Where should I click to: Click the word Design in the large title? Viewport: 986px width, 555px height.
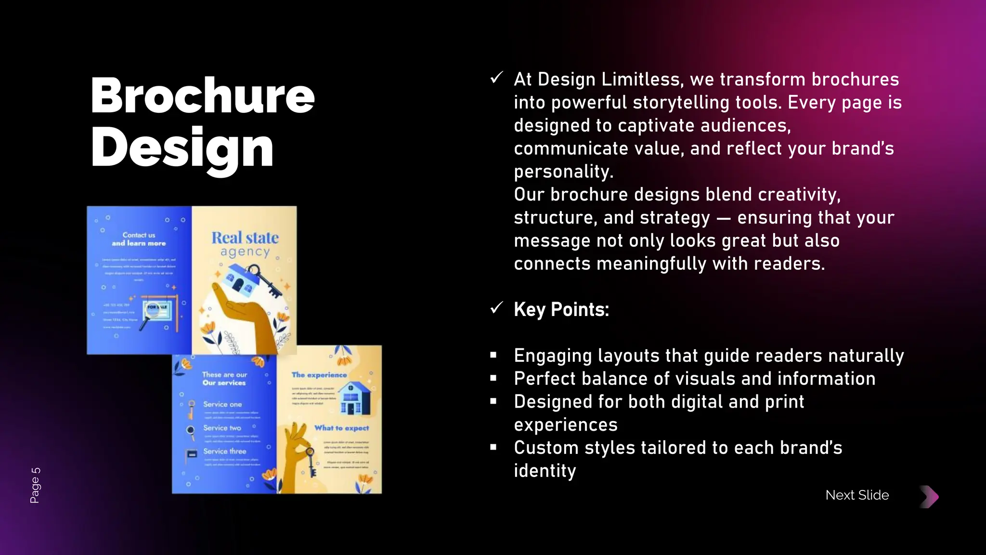pos(182,148)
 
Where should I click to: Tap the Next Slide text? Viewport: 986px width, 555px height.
pos(857,495)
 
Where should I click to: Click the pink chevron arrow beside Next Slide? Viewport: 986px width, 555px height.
pos(930,497)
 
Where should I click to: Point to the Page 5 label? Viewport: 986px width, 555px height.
pos(35,485)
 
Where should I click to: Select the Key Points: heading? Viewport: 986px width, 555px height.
pos(561,310)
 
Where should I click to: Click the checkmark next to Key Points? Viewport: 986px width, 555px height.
pos(496,308)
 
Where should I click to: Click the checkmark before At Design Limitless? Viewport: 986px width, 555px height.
pos(496,78)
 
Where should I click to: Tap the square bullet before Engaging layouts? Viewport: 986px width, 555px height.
pos(493,356)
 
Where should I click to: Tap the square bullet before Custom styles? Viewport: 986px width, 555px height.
pos(493,448)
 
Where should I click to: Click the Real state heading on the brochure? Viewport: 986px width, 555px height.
pos(245,238)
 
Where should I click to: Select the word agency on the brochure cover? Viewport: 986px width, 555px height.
pos(245,252)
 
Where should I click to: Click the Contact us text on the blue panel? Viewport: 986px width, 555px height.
pos(139,235)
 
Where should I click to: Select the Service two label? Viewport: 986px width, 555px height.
pos(222,428)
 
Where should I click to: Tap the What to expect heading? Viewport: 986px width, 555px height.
pos(341,428)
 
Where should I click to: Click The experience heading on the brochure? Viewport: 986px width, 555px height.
pos(319,375)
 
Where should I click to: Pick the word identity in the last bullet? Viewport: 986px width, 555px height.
pos(545,471)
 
